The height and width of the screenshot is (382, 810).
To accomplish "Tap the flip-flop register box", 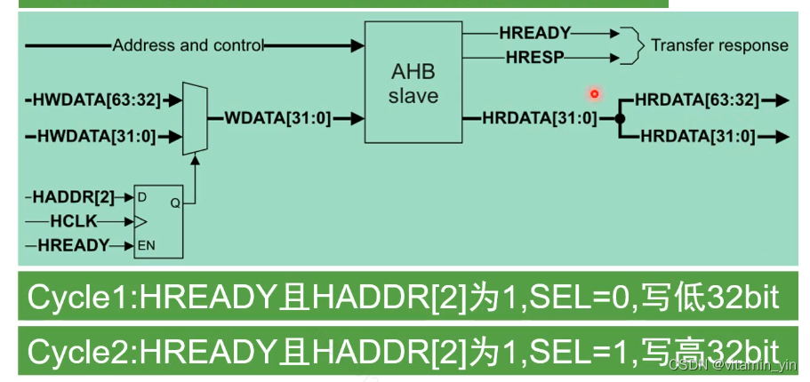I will [158, 220].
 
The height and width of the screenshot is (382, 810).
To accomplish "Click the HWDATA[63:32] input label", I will [97, 100].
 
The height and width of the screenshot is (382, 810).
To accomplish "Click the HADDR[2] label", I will [74, 196].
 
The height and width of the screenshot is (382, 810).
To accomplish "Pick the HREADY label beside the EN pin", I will [74, 244].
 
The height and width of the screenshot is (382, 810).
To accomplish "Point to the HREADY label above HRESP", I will [534, 33].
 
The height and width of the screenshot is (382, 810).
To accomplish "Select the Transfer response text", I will [719, 45].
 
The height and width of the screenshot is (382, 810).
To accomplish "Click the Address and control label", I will [188, 45].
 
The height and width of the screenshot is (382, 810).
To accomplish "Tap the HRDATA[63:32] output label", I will [698, 100].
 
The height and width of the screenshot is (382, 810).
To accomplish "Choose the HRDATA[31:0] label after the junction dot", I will [698, 136].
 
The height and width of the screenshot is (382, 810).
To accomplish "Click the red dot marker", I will [595, 93].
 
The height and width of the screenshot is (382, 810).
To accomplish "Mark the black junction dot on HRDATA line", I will [621, 118].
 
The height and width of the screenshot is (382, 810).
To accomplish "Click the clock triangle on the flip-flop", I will [140, 220].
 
